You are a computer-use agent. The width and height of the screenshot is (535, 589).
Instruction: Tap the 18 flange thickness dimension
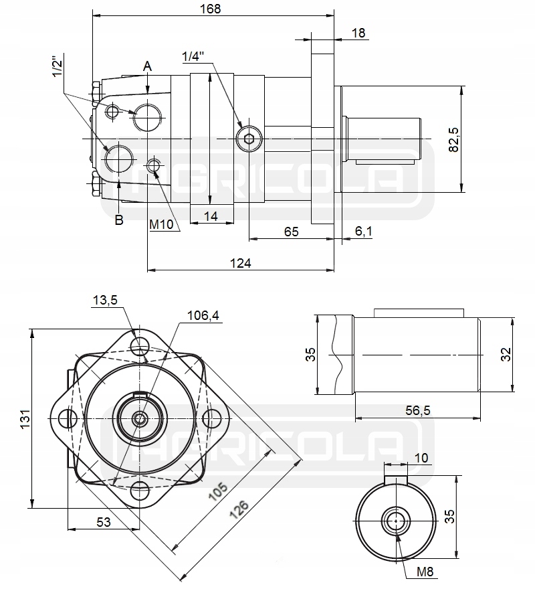coord(358,33)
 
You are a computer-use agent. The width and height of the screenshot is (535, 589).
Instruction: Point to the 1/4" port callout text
coord(192,57)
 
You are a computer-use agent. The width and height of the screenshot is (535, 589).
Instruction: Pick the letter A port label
coord(148,66)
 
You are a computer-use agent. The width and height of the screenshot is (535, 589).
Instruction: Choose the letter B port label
coord(119,220)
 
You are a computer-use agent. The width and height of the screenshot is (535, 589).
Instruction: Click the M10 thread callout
coord(161,225)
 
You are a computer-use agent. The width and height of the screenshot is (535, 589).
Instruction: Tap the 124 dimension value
coord(240,263)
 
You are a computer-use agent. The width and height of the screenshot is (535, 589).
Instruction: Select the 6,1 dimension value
coord(364,231)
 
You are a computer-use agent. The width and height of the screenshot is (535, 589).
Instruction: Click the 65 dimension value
coord(291,231)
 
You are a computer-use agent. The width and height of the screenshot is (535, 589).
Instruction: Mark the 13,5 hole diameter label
coord(104,301)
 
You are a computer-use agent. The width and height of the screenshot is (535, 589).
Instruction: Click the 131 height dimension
coord(24,418)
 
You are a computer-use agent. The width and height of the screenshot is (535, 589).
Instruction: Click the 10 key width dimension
coord(421,458)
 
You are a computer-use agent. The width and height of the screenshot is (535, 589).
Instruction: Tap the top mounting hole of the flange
coord(140,346)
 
